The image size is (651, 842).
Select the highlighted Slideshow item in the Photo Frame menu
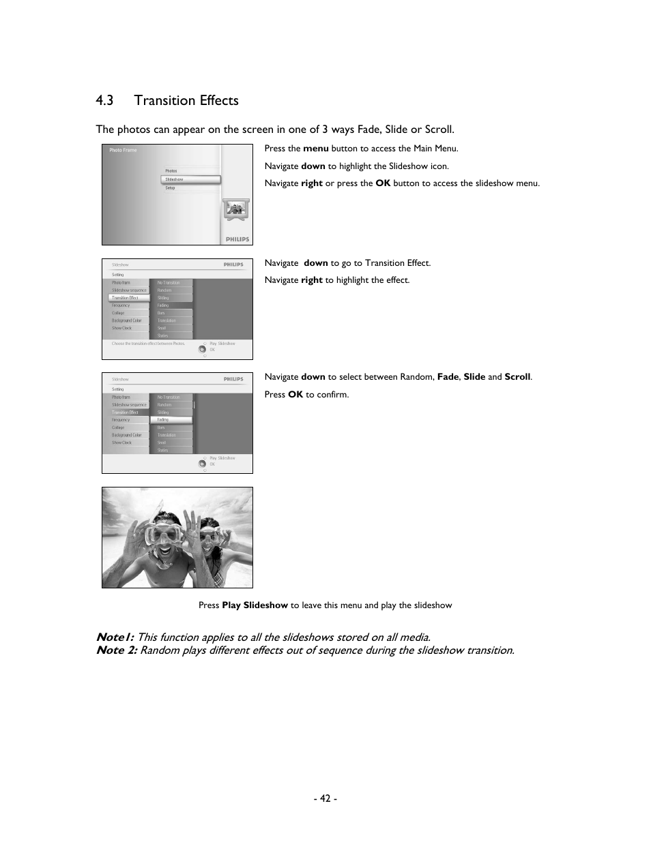tap(190, 180)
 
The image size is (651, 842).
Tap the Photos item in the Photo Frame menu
tap(171, 171)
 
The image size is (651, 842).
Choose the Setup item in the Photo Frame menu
tap(171, 188)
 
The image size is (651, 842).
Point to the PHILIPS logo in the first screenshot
tap(237, 239)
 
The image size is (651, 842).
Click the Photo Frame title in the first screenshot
tap(123, 150)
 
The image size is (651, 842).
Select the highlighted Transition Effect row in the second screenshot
tap(129, 298)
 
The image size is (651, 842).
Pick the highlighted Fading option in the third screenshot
tap(174, 420)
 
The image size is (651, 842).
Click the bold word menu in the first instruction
tap(316, 149)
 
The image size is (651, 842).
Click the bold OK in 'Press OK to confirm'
tap(295, 395)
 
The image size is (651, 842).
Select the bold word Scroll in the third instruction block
tap(517, 377)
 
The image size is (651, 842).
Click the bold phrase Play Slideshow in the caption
tap(255, 605)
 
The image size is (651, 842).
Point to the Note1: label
tap(115, 637)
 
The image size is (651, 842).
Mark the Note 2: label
tap(117, 650)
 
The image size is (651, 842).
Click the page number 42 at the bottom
tap(325, 798)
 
